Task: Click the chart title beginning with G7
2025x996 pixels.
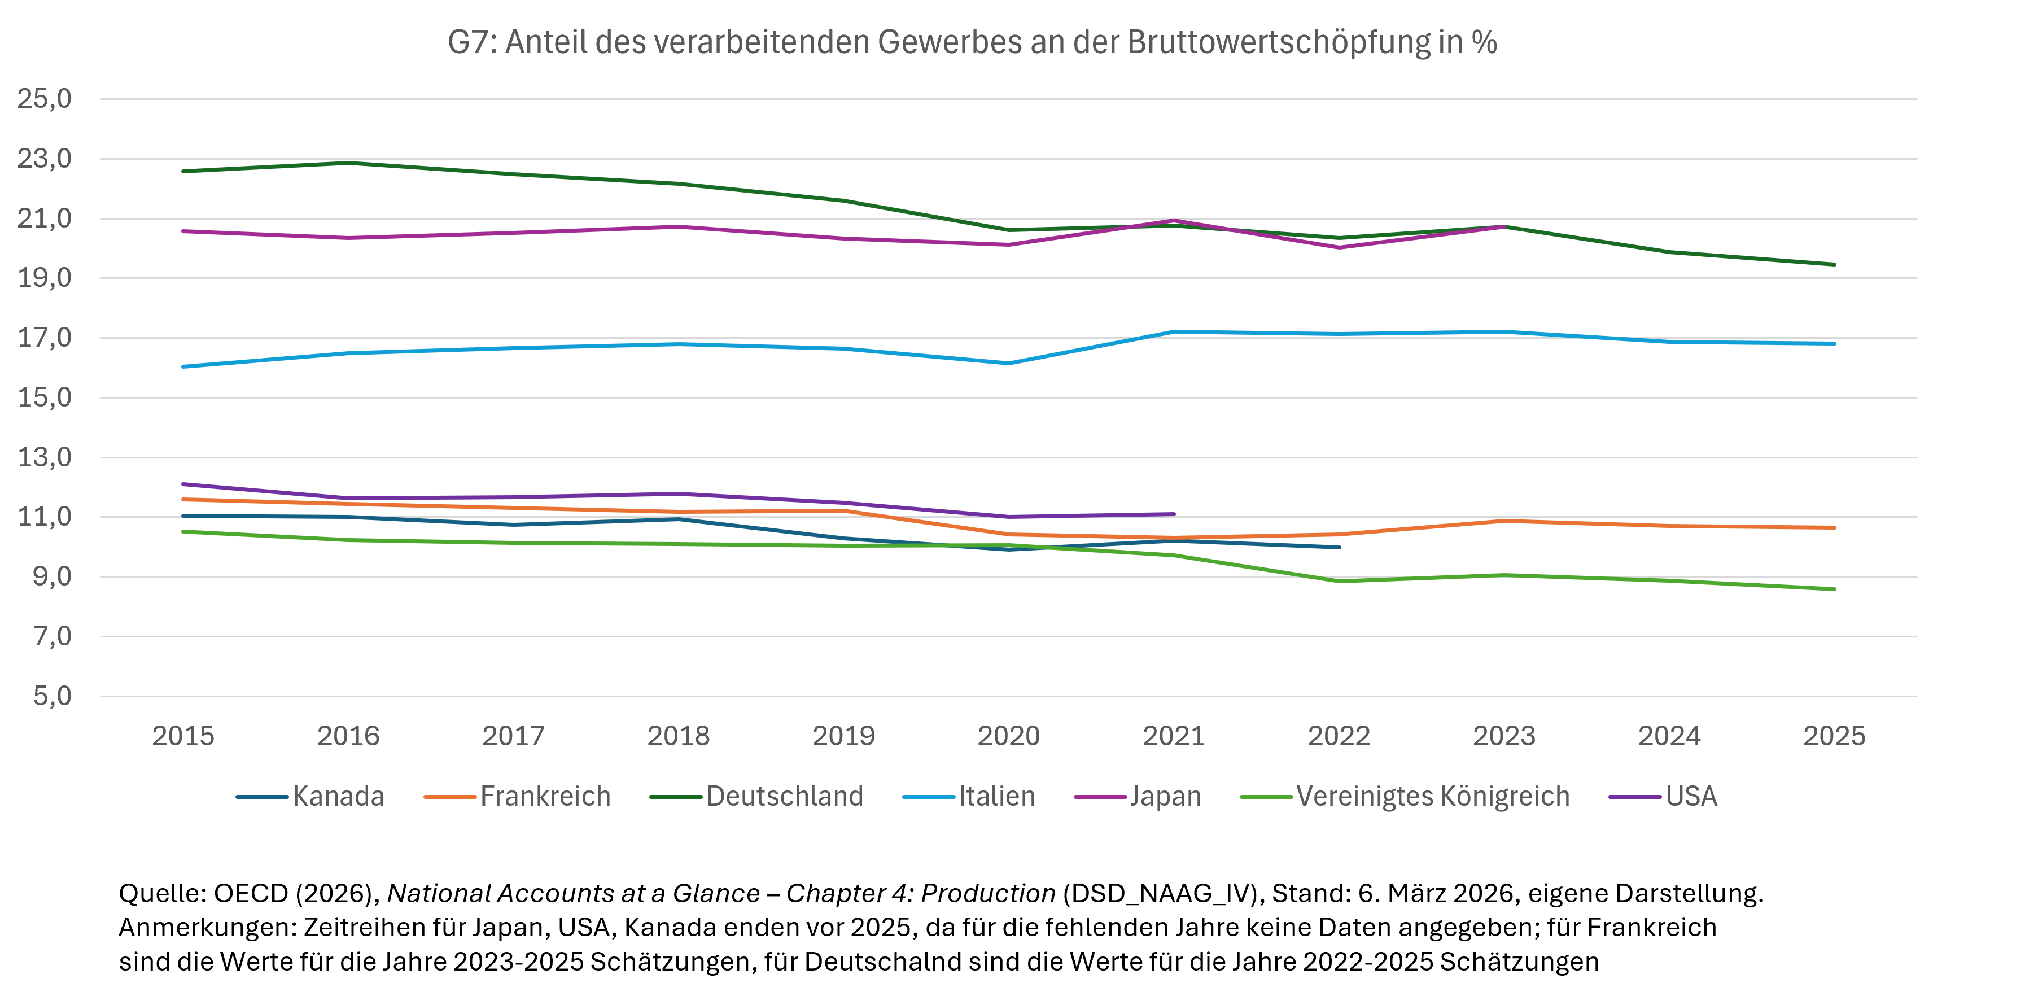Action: tap(972, 42)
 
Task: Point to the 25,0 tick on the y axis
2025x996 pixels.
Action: tap(45, 99)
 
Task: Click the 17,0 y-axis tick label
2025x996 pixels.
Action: tap(45, 338)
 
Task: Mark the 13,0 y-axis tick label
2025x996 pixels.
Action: tap(45, 457)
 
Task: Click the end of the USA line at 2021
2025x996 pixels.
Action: tap(1174, 514)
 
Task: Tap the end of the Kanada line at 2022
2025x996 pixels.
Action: tap(1339, 547)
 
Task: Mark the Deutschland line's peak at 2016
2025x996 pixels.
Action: tap(348, 163)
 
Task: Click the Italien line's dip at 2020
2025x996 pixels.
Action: tap(1009, 363)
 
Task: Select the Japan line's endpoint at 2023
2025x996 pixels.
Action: tap(1504, 226)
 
